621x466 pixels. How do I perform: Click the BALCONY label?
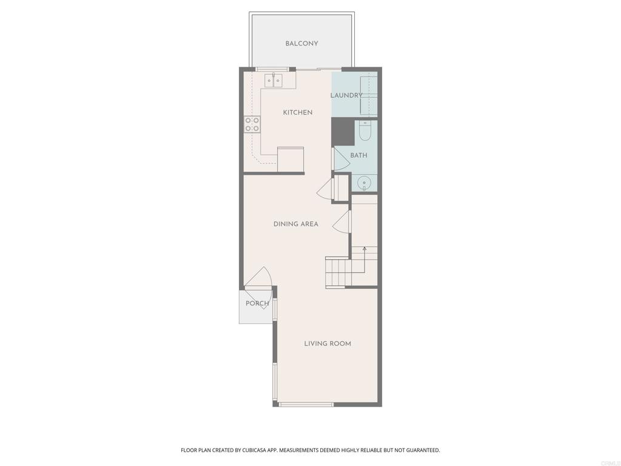(x=301, y=44)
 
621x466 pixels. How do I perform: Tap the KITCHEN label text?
(x=298, y=112)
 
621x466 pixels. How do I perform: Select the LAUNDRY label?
(x=346, y=95)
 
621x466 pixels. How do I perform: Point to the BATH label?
(x=358, y=155)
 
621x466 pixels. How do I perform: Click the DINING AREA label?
(x=295, y=224)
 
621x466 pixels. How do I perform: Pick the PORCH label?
(x=257, y=303)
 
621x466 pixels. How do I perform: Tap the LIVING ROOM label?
(x=327, y=343)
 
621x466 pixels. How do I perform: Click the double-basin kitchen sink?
(x=273, y=81)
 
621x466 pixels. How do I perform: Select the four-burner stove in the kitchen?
(x=252, y=124)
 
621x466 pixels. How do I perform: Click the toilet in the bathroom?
(x=365, y=130)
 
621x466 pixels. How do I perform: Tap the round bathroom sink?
(x=364, y=182)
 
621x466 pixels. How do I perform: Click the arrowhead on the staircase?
(x=364, y=249)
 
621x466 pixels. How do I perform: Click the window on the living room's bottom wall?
(x=306, y=404)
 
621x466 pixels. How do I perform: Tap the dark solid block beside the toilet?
(x=343, y=132)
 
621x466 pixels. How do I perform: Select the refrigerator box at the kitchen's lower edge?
(x=290, y=160)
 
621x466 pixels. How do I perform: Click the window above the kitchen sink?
(x=272, y=69)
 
